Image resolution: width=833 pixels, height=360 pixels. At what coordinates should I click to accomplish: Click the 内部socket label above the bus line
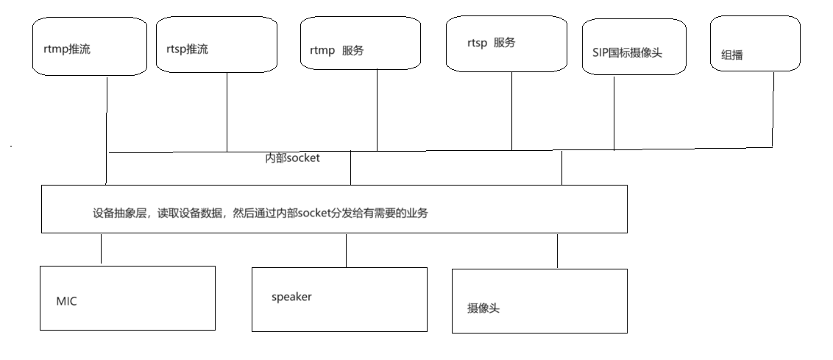tap(292, 158)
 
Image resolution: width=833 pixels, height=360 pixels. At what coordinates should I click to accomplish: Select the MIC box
tap(127, 298)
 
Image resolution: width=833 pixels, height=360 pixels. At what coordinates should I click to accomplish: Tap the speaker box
tap(339, 299)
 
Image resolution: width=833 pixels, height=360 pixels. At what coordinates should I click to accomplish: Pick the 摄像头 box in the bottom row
tap(539, 301)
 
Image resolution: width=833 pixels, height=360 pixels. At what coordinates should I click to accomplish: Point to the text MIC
tap(66, 302)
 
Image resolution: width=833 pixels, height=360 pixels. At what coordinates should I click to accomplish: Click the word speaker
tap(291, 297)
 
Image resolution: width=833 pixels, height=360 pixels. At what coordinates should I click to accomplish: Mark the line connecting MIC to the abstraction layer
tap(102, 249)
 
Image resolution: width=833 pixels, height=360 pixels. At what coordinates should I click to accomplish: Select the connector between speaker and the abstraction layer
tap(346, 250)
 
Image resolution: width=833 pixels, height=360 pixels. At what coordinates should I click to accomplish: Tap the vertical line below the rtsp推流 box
tap(227, 110)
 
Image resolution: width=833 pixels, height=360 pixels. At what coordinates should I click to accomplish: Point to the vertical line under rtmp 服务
tap(377, 110)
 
